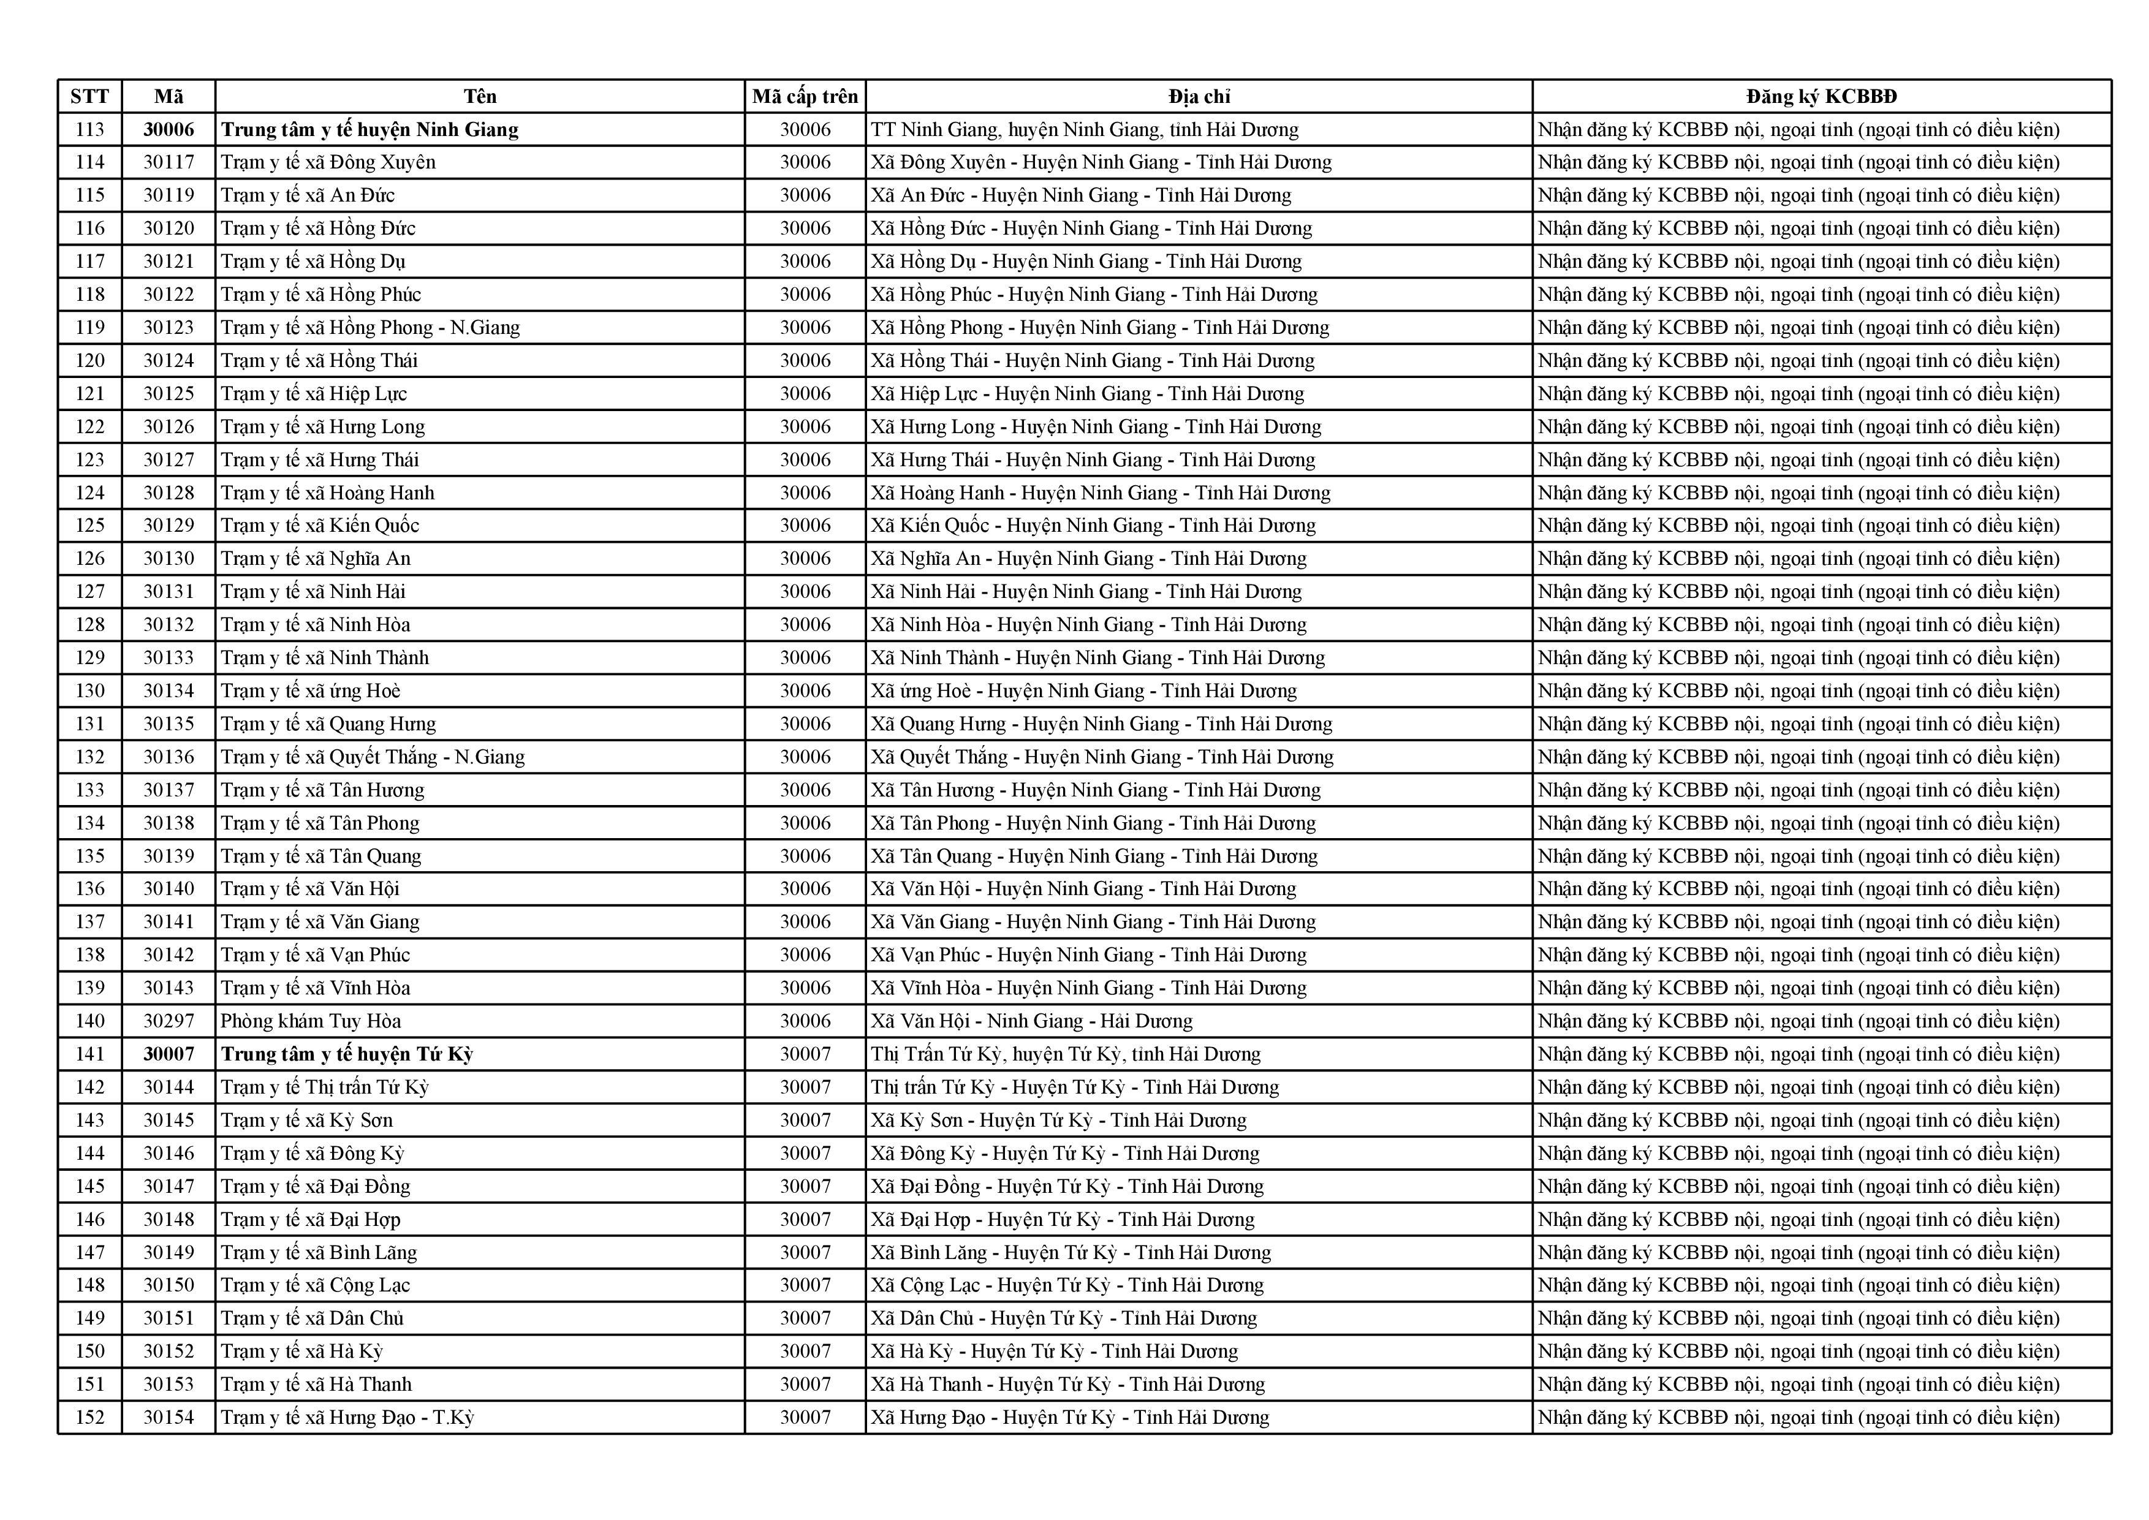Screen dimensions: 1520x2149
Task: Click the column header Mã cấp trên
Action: click(805, 96)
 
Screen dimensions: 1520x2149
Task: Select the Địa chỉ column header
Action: click(1199, 96)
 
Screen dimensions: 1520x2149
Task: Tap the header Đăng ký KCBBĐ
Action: click(1821, 96)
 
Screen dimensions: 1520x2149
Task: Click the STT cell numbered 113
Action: click(90, 129)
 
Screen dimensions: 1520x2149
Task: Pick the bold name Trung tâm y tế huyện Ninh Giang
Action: click(370, 129)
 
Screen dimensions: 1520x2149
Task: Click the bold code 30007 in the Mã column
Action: click(169, 1054)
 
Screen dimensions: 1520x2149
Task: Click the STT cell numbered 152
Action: click(90, 1417)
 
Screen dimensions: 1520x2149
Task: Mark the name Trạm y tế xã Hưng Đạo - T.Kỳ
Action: click(347, 1417)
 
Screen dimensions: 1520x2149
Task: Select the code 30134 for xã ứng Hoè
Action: click(169, 690)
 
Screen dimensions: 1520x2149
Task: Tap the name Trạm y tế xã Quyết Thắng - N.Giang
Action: click(373, 756)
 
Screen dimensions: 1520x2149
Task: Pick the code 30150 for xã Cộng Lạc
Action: click(169, 1285)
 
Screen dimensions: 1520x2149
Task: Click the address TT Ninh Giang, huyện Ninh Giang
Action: click(1084, 129)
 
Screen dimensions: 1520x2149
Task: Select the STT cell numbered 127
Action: click(90, 592)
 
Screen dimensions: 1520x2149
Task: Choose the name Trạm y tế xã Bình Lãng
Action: click(318, 1252)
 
